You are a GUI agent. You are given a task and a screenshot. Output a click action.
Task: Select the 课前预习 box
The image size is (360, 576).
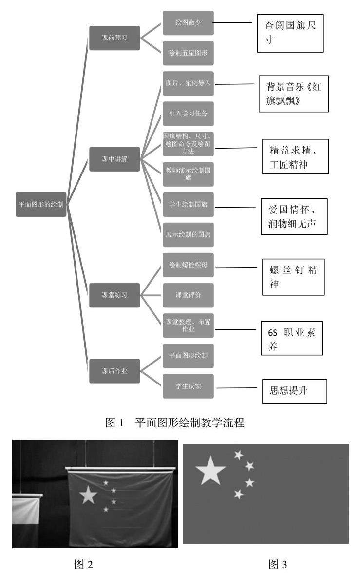point(114,38)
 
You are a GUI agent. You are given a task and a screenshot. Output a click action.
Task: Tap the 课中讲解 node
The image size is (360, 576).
point(114,159)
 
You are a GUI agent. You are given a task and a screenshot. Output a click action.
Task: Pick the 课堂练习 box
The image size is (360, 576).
point(114,295)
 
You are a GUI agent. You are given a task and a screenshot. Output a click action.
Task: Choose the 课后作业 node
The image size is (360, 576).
point(114,370)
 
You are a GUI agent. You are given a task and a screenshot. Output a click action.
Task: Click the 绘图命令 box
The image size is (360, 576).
point(188,22)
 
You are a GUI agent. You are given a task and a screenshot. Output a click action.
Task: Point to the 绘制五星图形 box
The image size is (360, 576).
point(188,53)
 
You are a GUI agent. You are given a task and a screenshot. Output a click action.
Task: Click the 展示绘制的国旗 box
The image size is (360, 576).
point(188,234)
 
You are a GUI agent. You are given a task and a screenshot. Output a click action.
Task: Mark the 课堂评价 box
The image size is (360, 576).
point(188,295)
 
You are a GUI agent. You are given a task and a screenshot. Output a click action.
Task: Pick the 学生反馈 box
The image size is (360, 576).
point(188,387)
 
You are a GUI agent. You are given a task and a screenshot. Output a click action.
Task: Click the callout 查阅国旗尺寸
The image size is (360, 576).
point(290,33)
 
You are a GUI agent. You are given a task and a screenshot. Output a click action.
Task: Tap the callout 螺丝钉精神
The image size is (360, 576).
point(293,277)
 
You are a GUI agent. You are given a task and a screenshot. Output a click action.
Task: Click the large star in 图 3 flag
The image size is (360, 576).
point(210,471)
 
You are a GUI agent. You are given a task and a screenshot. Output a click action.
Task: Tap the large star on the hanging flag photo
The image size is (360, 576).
point(88,495)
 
